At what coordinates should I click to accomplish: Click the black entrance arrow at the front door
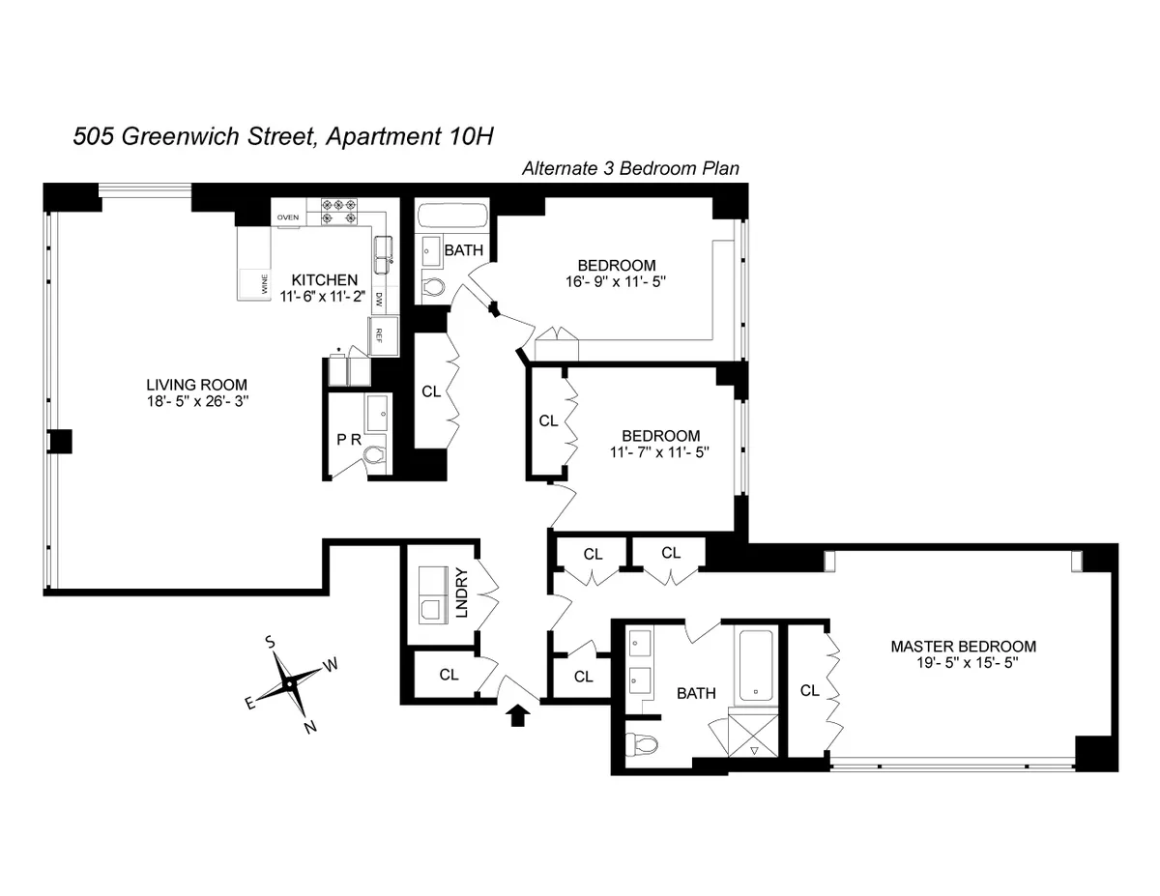pos(518,715)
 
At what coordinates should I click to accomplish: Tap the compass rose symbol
pos(288,682)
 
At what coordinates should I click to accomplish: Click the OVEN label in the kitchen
pos(288,217)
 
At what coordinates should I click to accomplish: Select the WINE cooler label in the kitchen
pos(263,284)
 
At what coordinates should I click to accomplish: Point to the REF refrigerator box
pos(379,335)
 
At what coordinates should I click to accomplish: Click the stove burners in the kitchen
pos(339,212)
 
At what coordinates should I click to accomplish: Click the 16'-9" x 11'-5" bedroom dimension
pos(617,282)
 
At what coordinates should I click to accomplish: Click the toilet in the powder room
pos(372,454)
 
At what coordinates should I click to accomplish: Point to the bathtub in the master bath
pos(755,666)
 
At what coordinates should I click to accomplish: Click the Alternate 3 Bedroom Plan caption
pos(630,168)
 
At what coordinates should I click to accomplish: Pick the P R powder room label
pos(347,439)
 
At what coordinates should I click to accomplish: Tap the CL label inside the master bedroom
pos(809,690)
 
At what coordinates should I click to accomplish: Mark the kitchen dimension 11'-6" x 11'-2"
pos(322,296)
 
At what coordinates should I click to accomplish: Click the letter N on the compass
pos(310,728)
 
